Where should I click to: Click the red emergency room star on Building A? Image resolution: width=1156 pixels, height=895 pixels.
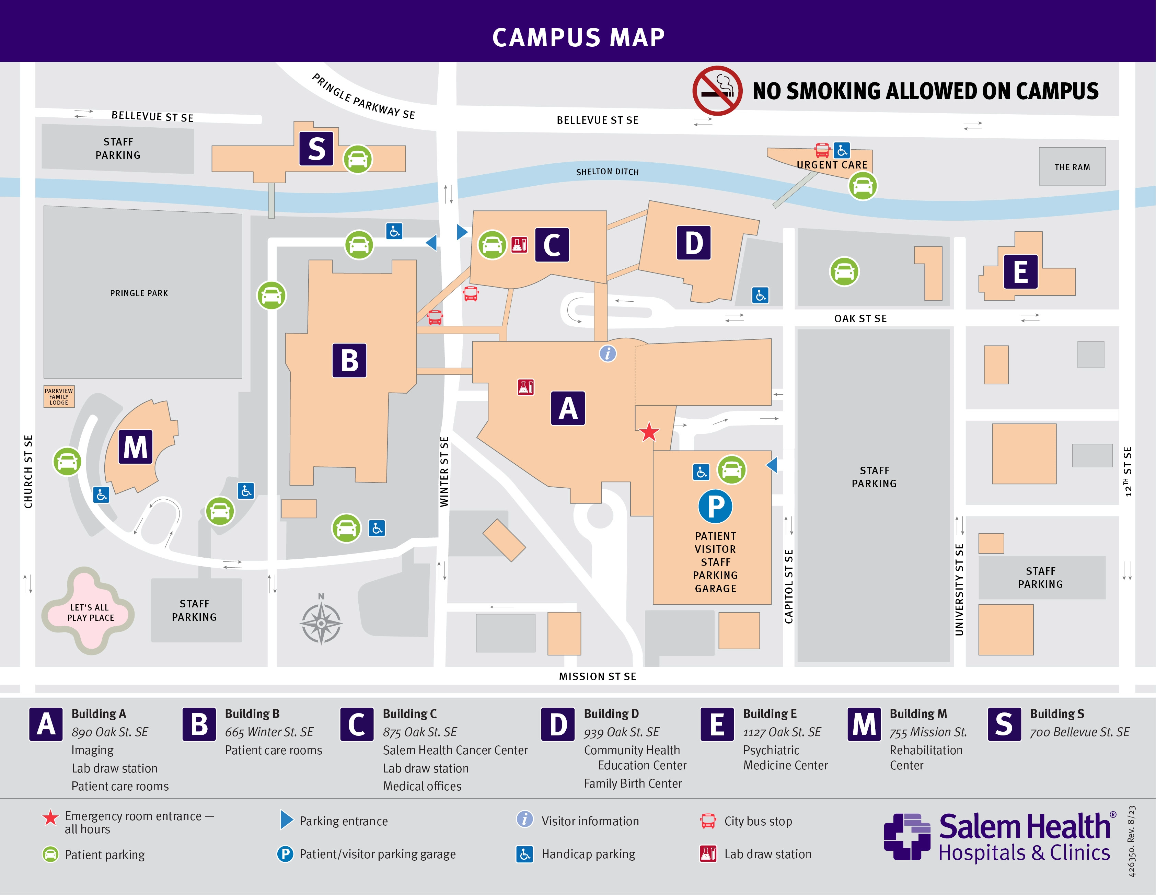coord(649,432)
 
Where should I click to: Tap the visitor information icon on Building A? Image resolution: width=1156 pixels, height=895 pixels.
coord(608,353)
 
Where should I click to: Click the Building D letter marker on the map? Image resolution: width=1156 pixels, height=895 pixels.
coord(693,243)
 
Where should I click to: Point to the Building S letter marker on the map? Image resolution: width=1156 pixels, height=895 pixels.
coord(316,149)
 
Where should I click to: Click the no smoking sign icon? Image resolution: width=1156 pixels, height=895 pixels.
coord(717,91)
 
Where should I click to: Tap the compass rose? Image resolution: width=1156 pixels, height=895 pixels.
coord(321,623)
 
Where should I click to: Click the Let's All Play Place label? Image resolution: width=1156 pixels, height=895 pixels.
coord(90,612)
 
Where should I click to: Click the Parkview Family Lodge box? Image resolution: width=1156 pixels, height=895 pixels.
coord(59,396)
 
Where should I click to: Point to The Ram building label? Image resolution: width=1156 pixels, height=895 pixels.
coord(1072,167)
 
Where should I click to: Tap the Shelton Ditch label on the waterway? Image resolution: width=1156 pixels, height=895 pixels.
coord(607,172)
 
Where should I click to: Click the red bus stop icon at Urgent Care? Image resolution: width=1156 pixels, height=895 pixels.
coord(822,150)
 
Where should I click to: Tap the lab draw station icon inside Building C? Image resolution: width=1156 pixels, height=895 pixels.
coord(519,245)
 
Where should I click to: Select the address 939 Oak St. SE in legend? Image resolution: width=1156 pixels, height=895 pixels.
coord(621,732)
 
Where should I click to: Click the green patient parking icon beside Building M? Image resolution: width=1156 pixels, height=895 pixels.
coord(67,462)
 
